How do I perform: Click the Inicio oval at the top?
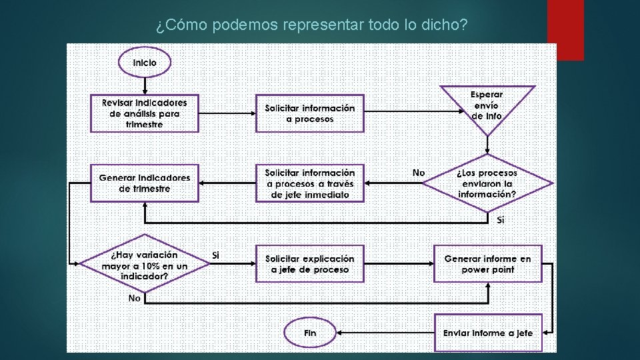145,63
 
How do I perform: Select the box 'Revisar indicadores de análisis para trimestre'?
145,113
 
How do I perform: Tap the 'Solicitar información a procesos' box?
310,113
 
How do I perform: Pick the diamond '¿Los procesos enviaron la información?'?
487,183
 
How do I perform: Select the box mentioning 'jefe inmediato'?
310,183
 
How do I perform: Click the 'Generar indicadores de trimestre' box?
145,183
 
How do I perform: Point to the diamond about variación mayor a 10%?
145,264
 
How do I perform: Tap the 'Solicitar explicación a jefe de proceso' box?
310,264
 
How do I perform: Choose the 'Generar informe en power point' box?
488,264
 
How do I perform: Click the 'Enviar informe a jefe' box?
488,333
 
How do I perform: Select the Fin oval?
310,333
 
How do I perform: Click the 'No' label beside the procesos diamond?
419,173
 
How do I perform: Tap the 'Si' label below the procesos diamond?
501,220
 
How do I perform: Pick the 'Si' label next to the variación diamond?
215,255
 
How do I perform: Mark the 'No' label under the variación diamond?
135,298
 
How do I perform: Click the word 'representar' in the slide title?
323,25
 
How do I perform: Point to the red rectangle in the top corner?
565,29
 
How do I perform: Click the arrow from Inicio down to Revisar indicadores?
145,85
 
